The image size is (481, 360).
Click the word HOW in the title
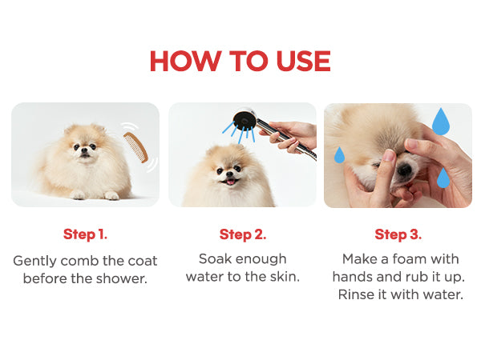point(185,61)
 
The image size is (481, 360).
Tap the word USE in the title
point(303,61)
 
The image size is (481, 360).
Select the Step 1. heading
point(85,234)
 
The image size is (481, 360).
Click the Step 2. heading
point(243,234)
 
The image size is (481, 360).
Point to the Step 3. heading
point(398,234)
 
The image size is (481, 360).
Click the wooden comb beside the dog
point(136,147)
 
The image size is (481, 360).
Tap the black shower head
point(245,118)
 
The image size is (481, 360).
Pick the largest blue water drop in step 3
point(441,122)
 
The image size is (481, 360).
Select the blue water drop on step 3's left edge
point(339,155)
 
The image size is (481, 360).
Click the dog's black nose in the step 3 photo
point(405,169)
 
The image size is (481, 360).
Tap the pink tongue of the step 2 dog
point(230,182)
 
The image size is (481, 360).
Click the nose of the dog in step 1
point(84,150)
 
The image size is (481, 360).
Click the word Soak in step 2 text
point(215,259)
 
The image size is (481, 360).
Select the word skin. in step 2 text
point(285,277)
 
